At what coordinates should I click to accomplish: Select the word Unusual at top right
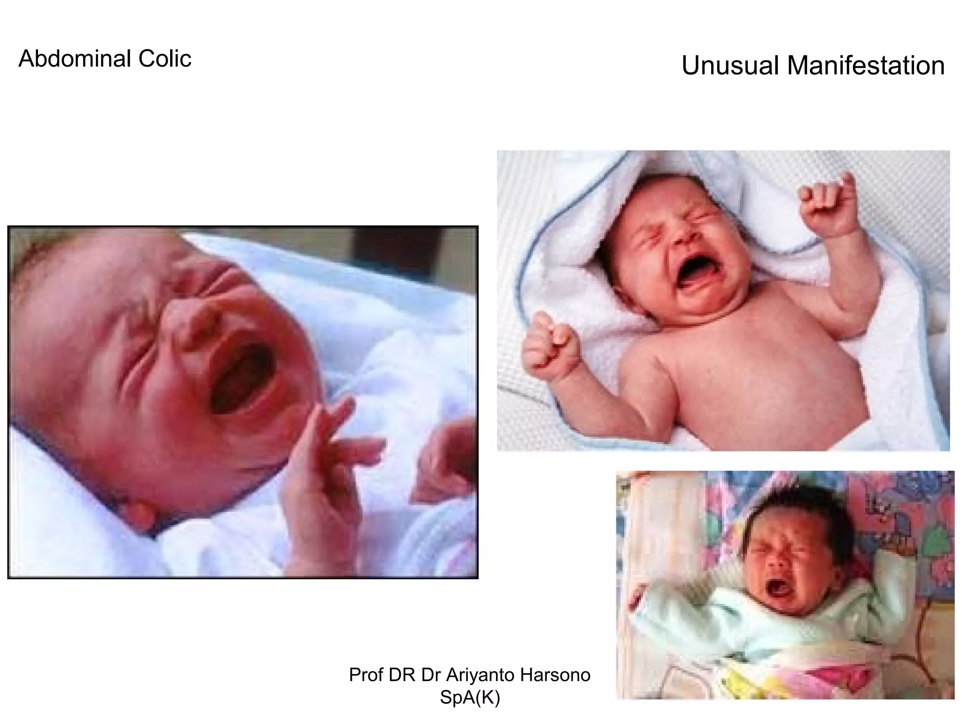point(729,65)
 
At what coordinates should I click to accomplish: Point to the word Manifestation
point(866,65)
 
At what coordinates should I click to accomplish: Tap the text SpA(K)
point(470,698)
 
